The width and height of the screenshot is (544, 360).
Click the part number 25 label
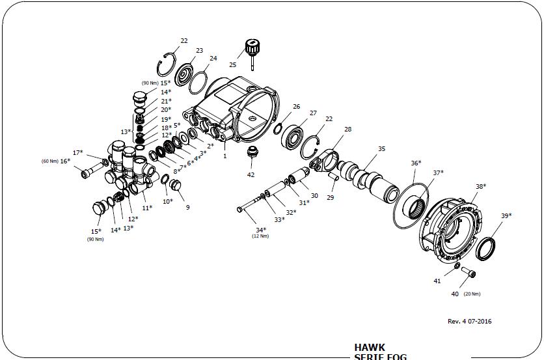click(x=232, y=64)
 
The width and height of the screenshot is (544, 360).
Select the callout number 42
click(x=251, y=174)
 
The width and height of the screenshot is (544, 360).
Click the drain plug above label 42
click(x=251, y=154)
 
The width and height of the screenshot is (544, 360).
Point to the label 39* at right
click(x=506, y=215)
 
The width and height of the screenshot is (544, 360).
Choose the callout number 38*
click(x=480, y=186)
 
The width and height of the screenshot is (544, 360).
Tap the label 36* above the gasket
click(x=416, y=163)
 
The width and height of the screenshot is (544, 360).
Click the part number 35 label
click(x=381, y=149)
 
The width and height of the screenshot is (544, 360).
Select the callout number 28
click(x=347, y=130)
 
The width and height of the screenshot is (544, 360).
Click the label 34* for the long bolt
click(x=260, y=230)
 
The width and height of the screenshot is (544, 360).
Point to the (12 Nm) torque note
click(x=260, y=236)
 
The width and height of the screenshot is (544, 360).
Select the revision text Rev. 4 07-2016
click(x=470, y=322)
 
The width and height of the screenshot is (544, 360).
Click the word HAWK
click(x=370, y=347)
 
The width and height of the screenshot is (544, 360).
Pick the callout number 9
click(x=188, y=207)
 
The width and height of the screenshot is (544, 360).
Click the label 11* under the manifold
click(x=146, y=208)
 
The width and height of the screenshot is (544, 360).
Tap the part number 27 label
click(x=313, y=113)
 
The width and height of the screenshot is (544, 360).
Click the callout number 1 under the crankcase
click(x=225, y=156)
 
